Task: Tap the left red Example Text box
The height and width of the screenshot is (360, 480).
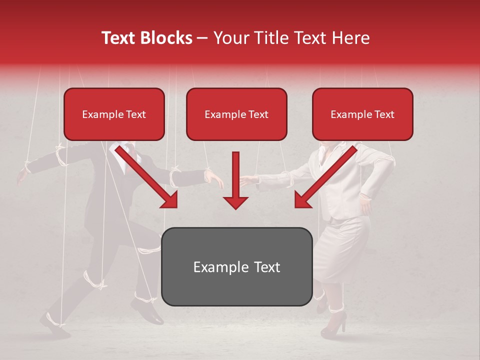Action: (114, 114)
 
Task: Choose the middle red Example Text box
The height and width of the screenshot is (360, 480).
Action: (236, 114)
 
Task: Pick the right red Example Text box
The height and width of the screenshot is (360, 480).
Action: (362, 114)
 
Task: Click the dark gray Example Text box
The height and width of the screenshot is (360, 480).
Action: (236, 266)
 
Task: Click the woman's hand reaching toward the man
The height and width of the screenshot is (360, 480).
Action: (247, 180)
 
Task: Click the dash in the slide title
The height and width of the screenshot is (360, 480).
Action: (202, 38)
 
